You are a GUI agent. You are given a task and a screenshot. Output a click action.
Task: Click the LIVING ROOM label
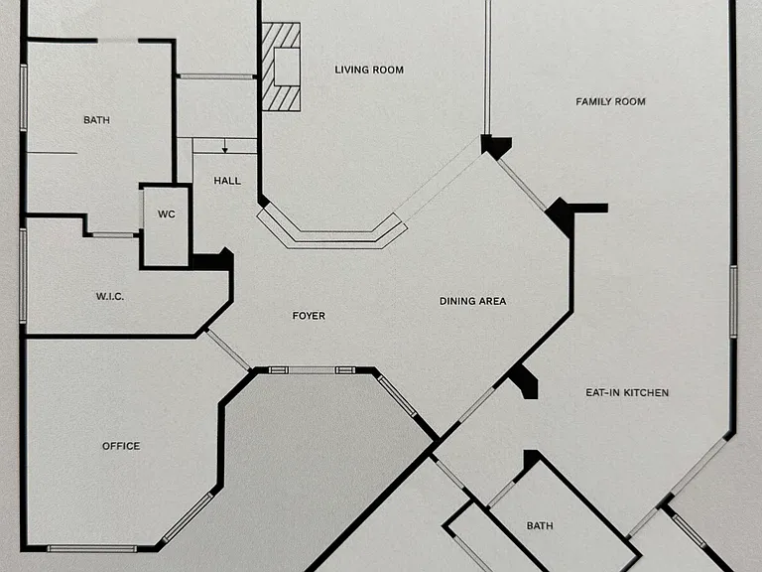[x=369, y=71]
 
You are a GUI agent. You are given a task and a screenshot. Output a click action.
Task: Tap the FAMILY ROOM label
[x=610, y=101]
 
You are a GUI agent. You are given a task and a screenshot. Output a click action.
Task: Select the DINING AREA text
[x=472, y=301]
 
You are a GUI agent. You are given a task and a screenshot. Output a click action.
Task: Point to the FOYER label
[x=309, y=316]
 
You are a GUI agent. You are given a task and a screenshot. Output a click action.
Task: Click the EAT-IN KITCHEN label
[x=627, y=392]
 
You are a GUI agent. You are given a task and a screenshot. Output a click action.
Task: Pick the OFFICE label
[x=121, y=446]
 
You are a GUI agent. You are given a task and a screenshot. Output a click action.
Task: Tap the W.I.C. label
[x=110, y=296]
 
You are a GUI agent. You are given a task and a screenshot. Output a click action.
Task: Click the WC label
[x=167, y=214]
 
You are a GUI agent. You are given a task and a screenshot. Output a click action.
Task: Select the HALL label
[x=227, y=181]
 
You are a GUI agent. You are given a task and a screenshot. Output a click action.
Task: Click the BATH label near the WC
[x=96, y=119]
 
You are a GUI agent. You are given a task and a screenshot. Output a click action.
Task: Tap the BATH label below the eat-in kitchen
[x=540, y=525]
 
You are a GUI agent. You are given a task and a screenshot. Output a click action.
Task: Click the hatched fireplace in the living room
[x=281, y=67]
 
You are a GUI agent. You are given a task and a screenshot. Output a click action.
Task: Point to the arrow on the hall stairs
[x=224, y=146]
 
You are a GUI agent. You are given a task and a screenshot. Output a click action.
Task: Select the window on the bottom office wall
[x=92, y=548]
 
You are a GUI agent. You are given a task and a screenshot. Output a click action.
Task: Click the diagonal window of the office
[x=188, y=517]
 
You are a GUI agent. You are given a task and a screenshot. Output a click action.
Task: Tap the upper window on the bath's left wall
[x=24, y=97]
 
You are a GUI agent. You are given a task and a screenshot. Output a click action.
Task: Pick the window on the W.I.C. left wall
[x=23, y=276]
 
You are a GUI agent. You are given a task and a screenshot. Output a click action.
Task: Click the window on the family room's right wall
[x=733, y=301]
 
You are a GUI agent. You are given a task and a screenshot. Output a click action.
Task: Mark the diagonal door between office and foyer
[x=228, y=350]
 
